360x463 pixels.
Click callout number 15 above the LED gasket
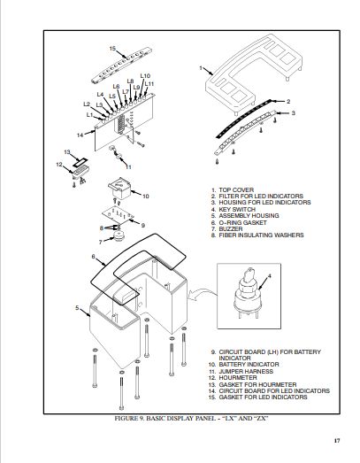point(112,49)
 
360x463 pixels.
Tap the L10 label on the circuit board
point(145,76)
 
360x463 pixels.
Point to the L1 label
point(89,115)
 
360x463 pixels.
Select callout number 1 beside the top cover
point(201,68)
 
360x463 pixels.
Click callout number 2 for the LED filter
point(288,101)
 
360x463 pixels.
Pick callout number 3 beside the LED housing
point(293,112)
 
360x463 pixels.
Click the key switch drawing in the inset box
point(248,294)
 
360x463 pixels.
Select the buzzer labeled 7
point(119,236)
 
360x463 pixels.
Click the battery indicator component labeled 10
point(119,188)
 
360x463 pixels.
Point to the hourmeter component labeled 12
point(80,172)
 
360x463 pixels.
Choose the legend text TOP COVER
point(236,189)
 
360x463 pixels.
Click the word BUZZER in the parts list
point(231,228)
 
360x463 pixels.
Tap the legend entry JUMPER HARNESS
point(246,371)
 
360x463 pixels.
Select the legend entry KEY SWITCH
point(237,209)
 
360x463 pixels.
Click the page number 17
point(337,441)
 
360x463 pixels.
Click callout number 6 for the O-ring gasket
point(93,257)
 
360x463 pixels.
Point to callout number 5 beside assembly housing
point(77,308)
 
